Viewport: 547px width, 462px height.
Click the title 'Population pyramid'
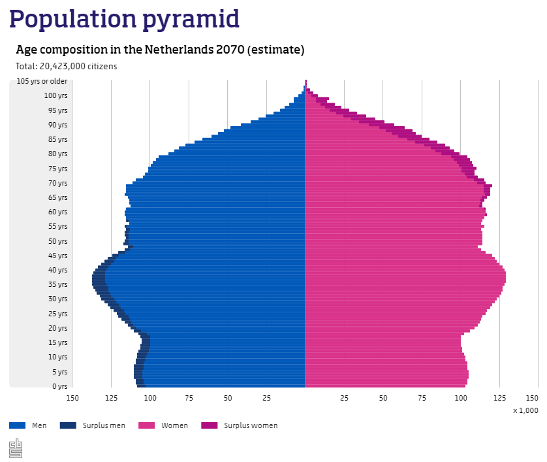click(124, 19)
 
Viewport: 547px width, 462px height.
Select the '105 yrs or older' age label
click(42, 81)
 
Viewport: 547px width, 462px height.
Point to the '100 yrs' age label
click(55, 95)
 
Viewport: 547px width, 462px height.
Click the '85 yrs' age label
click(57, 139)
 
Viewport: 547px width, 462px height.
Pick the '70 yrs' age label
click(57, 183)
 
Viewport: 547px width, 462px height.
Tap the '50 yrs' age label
click(57, 241)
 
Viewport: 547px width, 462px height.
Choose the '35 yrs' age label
click(57, 284)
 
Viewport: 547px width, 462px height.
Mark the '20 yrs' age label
click(57, 328)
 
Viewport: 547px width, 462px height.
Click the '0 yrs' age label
click(59, 386)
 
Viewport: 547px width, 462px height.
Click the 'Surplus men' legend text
click(104, 425)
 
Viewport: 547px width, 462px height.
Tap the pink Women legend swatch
click(147, 425)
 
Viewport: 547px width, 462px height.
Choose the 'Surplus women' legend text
click(251, 425)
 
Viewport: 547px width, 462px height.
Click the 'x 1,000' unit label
click(525, 410)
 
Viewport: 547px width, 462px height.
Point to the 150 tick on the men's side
click(72, 397)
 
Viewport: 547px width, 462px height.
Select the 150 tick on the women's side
click(533, 397)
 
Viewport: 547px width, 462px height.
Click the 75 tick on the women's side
click(422, 397)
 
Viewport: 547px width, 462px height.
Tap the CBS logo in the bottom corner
click(16, 448)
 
